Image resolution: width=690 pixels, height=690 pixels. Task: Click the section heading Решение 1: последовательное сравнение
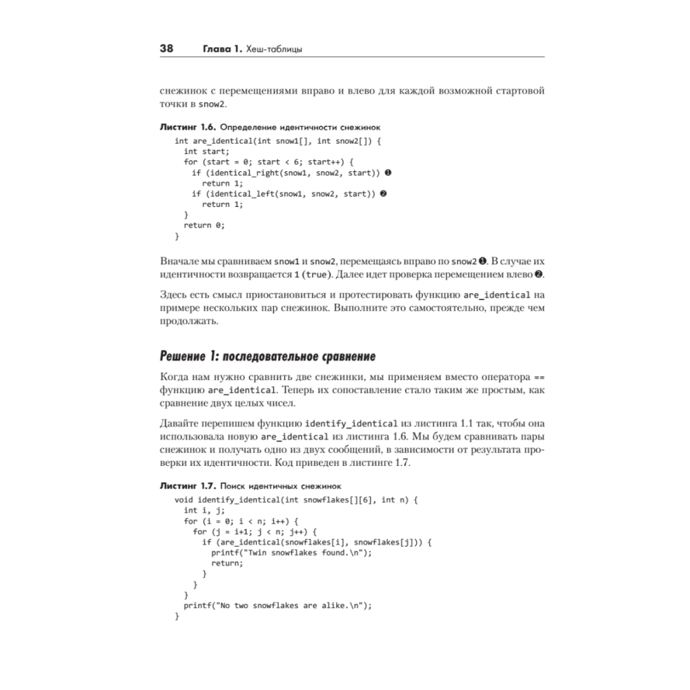point(267,357)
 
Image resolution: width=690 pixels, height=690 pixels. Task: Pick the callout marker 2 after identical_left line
point(384,194)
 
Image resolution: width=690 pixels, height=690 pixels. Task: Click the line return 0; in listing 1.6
point(204,225)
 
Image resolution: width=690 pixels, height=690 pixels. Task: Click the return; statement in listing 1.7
point(227,563)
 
